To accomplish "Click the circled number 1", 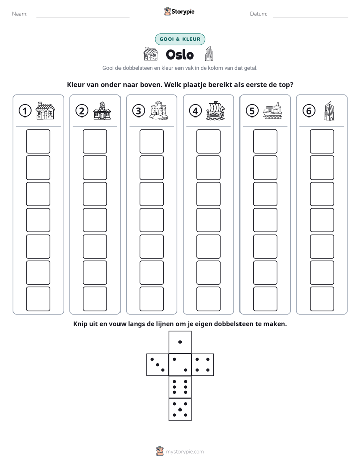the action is [x=25, y=111].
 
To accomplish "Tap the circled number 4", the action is [x=195, y=111].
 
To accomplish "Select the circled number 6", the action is [x=309, y=111].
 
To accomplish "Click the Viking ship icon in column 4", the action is [x=216, y=111].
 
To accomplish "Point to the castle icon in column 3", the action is [x=159, y=110].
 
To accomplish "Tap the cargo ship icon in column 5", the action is [x=272, y=110].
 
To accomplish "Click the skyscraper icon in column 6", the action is [x=329, y=110].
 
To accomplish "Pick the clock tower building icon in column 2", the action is [x=102, y=110].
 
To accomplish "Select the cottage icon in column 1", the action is [x=45, y=110].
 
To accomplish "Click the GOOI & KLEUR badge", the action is [x=180, y=39].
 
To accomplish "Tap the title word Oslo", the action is [x=179, y=54].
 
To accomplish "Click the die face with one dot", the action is [x=180, y=342].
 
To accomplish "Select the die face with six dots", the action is [x=180, y=387].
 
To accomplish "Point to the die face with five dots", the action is [x=180, y=409].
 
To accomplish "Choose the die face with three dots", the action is [x=158, y=365].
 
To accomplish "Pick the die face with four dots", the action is [x=203, y=365].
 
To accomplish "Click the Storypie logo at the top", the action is [x=179, y=11].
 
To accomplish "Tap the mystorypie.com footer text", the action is [x=185, y=452].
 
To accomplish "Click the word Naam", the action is [x=20, y=14].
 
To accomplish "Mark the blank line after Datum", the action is [x=311, y=17].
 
